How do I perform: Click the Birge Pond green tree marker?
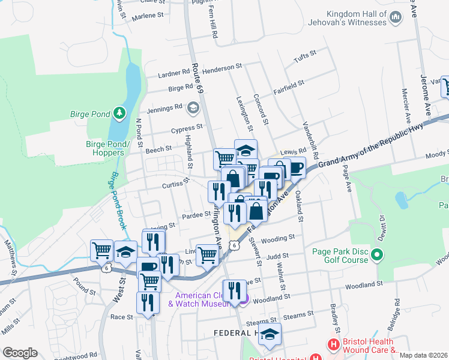(120, 112)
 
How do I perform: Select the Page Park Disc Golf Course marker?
(377, 257)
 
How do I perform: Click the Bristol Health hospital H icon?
(332, 345)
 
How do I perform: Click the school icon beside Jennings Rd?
(193, 107)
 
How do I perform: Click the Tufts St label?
(304, 58)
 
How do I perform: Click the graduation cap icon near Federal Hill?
(270, 334)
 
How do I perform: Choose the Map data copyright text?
(423, 355)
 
